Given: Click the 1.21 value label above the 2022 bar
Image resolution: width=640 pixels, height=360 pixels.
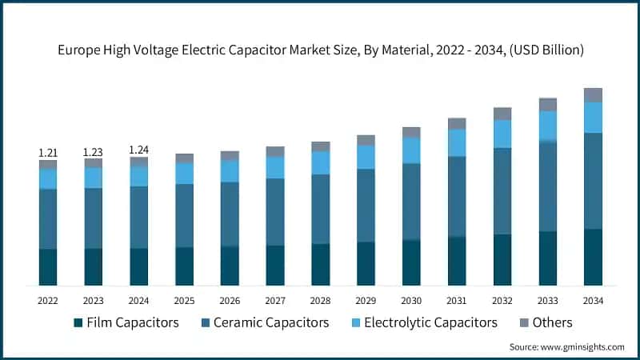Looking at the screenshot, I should (x=48, y=152).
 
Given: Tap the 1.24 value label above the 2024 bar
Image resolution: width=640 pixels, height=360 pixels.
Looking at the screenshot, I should (x=139, y=149).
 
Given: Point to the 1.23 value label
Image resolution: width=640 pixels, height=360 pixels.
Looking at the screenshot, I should (x=94, y=152).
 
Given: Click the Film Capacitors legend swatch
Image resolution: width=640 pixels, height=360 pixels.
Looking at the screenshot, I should (x=78, y=323).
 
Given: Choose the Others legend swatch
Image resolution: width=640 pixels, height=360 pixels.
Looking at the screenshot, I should (x=526, y=323).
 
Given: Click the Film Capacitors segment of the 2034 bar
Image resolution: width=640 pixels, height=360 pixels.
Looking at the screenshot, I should (x=593, y=257).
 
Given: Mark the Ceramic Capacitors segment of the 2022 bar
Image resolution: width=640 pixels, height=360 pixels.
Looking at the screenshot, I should (x=48, y=218).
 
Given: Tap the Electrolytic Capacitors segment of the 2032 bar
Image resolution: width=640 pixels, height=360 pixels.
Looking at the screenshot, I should (x=502, y=134).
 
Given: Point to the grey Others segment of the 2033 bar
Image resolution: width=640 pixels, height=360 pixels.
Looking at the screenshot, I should (x=547, y=104).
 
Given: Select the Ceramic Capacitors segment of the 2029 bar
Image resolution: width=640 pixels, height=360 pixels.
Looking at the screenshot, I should (x=366, y=205).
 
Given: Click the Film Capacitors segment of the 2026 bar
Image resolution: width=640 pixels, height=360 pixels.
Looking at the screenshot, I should (x=230, y=266).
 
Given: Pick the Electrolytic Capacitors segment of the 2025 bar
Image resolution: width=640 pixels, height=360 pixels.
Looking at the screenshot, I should (x=185, y=173).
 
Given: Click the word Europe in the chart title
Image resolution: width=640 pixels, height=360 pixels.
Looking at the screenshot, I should (x=78, y=50).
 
